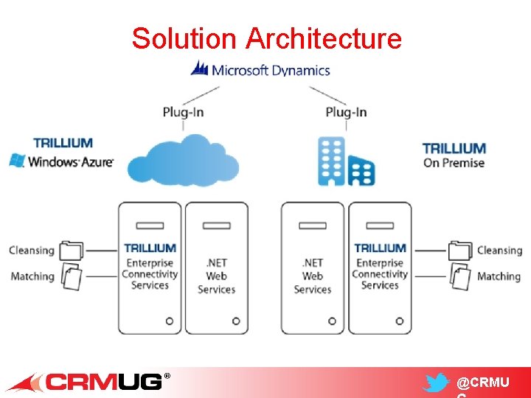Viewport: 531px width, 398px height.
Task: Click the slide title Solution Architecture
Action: (x=266, y=38)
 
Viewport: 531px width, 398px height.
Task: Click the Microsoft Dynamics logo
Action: (x=260, y=70)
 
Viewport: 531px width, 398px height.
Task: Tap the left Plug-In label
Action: (x=183, y=112)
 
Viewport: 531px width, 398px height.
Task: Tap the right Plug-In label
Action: (x=346, y=112)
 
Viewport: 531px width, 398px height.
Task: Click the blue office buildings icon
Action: (x=346, y=161)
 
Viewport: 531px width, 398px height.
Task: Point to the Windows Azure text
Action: (x=71, y=161)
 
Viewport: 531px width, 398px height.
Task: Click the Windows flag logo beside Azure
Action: (x=16, y=160)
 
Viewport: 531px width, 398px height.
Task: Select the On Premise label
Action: (x=454, y=163)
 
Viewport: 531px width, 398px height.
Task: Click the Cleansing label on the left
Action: (x=32, y=251)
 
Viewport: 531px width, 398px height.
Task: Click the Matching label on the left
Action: (x=32, y=276)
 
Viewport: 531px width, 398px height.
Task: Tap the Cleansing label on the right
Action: (x=499, y=251)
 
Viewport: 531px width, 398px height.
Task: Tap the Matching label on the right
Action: (x=499, y=276)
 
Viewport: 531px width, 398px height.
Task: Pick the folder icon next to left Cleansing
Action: (x=72, y=251)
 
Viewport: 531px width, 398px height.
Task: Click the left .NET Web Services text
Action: (x=216, y=276)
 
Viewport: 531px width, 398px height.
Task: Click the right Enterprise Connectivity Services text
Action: (x=380, y=273)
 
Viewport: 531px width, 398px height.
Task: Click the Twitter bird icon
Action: (x=436, y=383)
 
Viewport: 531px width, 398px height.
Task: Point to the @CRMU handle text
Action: (x=484, y=383)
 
